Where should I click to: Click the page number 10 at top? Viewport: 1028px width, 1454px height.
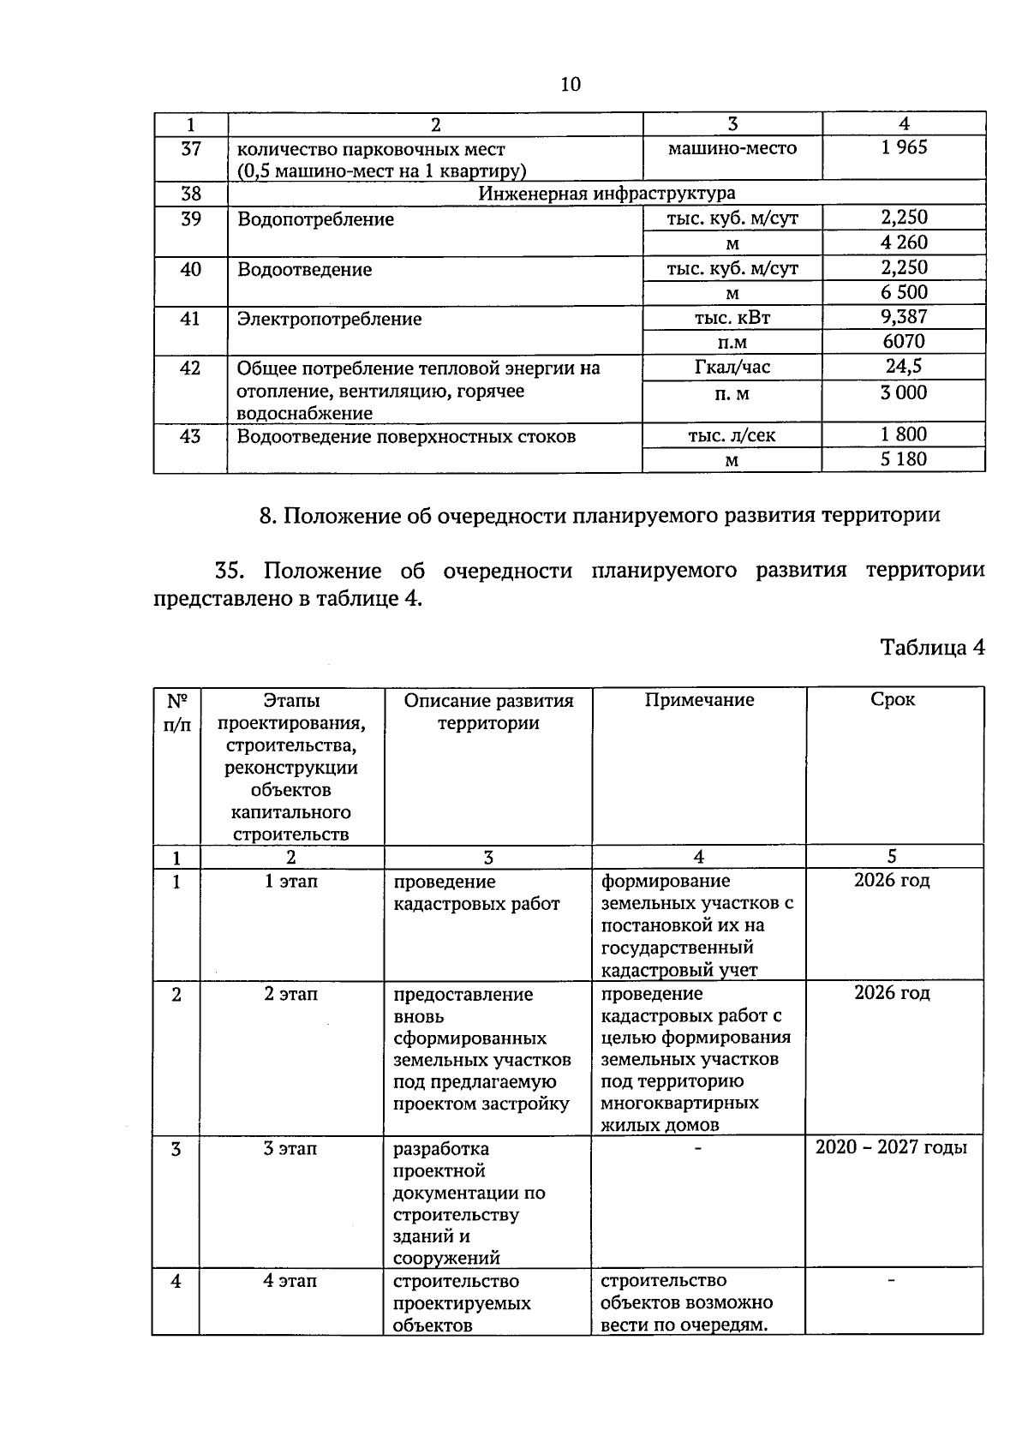click(571, 84)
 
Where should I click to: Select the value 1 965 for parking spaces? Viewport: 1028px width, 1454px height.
click(904, 147)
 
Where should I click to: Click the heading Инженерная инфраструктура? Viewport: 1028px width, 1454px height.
click(607, 194)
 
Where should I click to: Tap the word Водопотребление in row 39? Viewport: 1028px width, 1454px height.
click(315, 219)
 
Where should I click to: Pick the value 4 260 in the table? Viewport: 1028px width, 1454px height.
click(904, 243)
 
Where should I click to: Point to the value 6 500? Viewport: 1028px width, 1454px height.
click(904, 293)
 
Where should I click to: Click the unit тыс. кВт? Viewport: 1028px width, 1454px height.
click(732, 319)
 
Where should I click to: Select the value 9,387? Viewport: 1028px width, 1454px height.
click(904, 317)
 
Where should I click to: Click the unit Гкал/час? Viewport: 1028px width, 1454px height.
click(732, 368)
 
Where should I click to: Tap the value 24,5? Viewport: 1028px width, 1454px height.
click(904, 367)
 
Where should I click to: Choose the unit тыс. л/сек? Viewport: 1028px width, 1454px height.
click(732, 435)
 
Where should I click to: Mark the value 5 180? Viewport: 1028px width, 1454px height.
click(904, 459)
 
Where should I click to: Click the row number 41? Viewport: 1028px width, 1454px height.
click(190, 320)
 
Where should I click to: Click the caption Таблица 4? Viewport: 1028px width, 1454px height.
click(933, 648)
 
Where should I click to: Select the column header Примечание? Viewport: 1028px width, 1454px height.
click(699, 700)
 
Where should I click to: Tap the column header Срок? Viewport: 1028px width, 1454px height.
click(893, 699)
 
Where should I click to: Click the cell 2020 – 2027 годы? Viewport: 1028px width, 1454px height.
click(891, 1147)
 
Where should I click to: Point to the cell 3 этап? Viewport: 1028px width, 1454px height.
click(290, 1148)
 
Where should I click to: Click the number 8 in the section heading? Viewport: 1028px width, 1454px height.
click(265, 516)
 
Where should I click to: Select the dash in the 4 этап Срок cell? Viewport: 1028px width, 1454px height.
click(892, 1280)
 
